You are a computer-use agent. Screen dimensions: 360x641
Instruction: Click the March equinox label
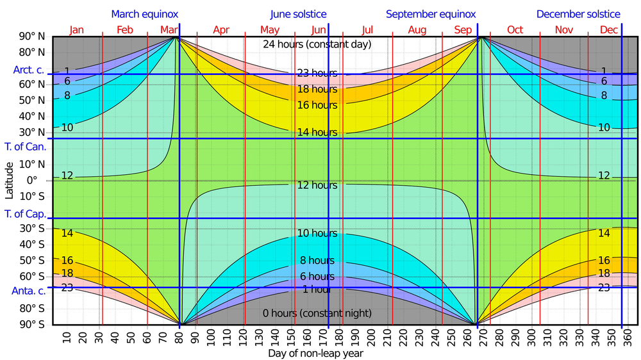tap(145, 14)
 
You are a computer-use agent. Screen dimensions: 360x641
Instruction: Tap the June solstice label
tap(298, 14)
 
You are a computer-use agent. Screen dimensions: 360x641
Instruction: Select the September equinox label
tap(430, 14)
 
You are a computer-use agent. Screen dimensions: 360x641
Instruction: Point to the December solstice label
tap(578, 14)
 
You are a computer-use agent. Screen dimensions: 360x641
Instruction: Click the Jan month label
tap(76, 30)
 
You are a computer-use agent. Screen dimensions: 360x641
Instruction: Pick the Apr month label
tap(221, 30)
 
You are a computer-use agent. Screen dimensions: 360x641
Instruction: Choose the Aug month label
tap(417, 30)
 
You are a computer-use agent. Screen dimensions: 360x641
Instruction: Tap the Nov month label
tap(564, 30)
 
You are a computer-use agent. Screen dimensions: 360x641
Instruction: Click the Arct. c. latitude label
tap(29, 70)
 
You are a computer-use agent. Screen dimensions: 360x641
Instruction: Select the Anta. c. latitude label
tap(29, 291)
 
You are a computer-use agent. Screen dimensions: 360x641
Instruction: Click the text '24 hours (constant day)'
tap(317, 45)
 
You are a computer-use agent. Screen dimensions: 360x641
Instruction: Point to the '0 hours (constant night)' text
tap(317, 313)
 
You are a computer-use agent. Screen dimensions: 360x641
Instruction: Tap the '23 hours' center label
tap(317, 73)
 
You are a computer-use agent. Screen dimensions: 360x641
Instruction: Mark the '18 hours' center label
tap(317, 90)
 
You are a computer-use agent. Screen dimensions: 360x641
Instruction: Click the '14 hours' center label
tap(317, 133)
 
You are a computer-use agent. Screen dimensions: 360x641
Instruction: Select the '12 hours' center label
tap(317, 186)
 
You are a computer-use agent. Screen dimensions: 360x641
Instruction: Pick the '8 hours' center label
tap(317, 261)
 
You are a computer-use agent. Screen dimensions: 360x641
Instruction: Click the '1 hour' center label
tap(317, 290)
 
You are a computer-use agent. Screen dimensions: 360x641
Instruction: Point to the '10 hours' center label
tap(317, 233)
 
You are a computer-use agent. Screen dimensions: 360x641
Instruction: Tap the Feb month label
tap(126, 30)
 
